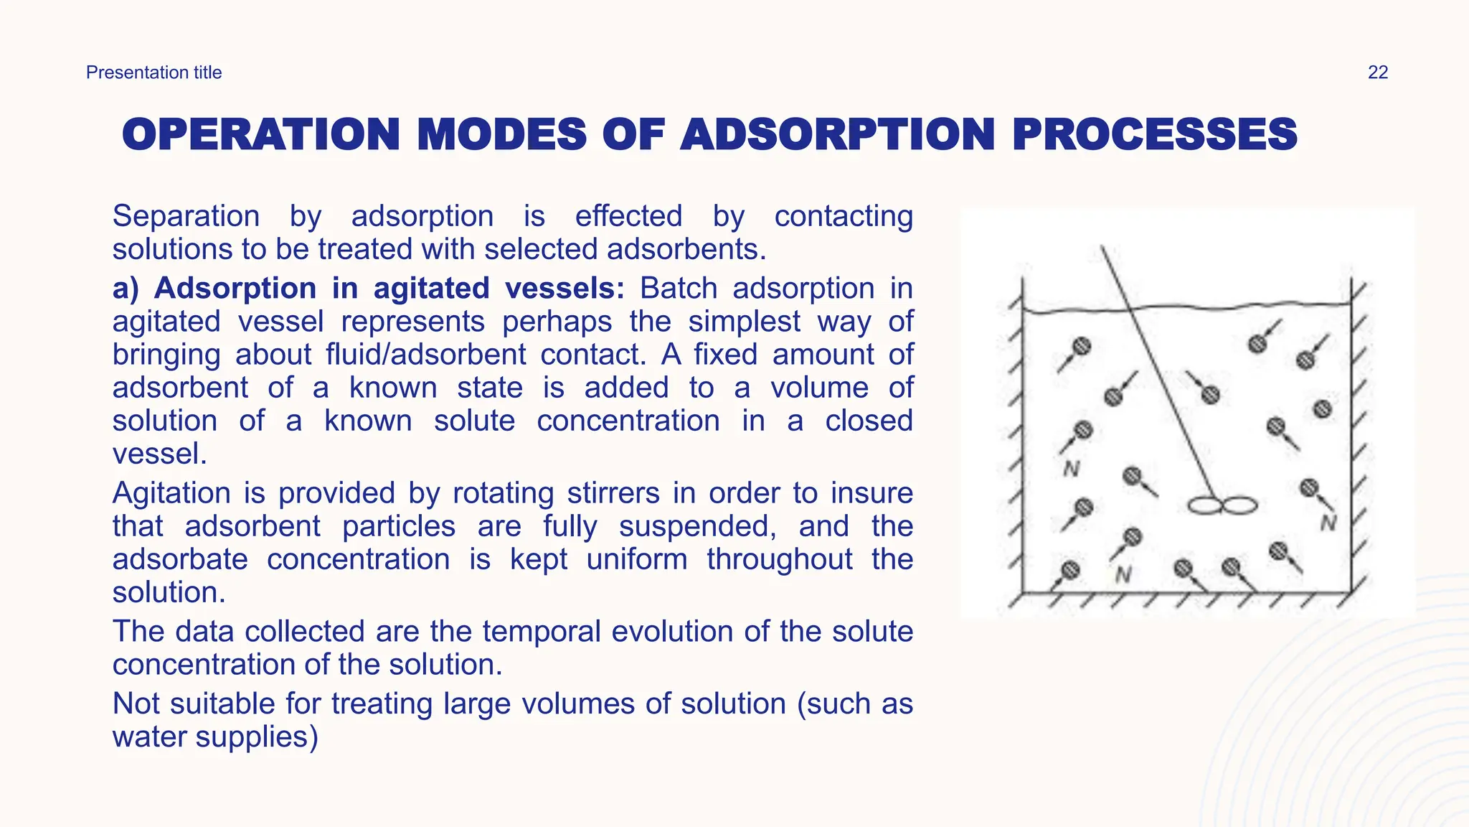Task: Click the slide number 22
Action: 1377,73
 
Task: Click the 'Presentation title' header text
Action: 153,73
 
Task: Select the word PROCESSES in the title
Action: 1154,135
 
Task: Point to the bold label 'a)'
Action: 126,289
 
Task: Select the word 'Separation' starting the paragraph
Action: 186,216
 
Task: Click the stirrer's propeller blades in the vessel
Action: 1222,506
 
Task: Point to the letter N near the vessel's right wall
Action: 1328,523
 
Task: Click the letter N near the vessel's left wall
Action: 1071,469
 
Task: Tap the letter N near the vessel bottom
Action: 1123,574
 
